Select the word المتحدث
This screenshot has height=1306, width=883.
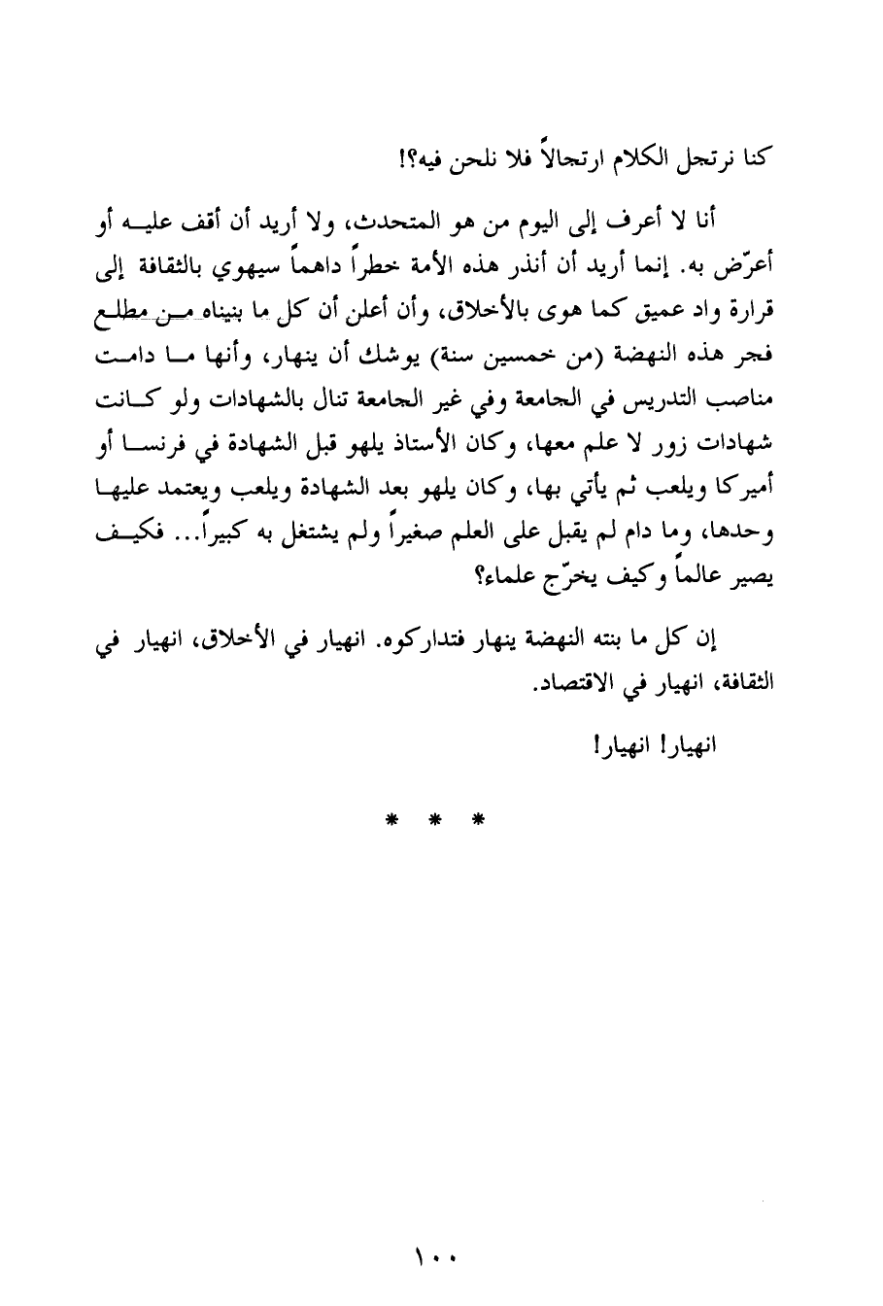pyautogui.click(x=400, y=227)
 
